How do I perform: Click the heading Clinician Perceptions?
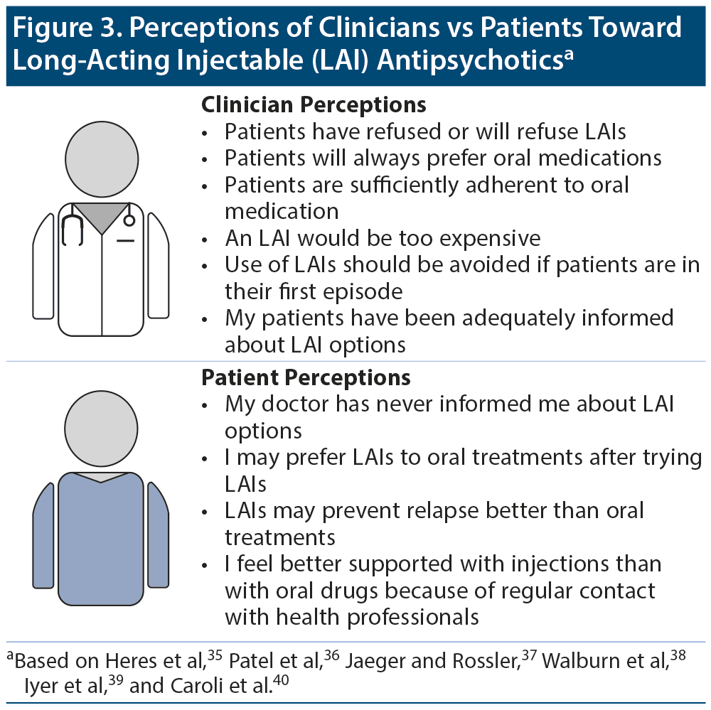coord(314,105)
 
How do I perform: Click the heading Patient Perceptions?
coord(306,376)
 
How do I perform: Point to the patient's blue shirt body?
coord(101,540)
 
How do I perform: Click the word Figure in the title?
coord(54,28)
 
